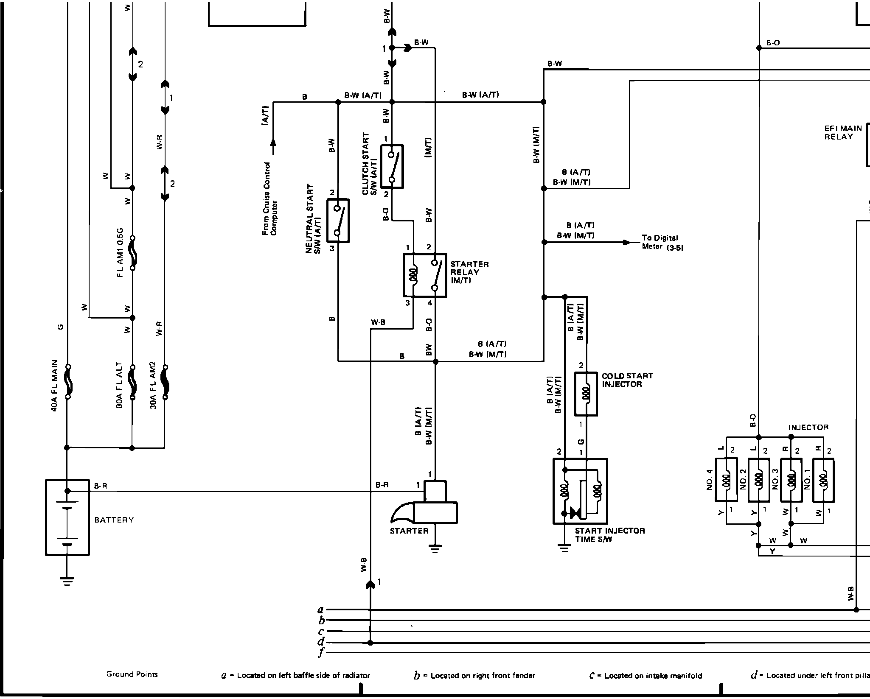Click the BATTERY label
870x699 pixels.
[114, 520]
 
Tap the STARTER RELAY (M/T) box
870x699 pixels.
[425, 275]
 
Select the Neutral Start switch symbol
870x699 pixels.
[338, 221]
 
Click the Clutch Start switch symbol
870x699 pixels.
[392, 166]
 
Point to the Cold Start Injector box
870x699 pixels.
[586, 394]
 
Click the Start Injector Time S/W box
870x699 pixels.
[580, 491]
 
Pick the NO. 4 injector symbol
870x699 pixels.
[726, 479]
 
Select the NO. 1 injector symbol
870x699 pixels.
[823, 479]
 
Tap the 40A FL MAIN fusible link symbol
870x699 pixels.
[67, 382]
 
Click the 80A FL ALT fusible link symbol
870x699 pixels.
[132, 382]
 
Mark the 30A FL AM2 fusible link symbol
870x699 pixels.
[165, 382]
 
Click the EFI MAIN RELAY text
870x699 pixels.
[843, 132]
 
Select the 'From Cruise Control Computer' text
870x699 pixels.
[269, 199]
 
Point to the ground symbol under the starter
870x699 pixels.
[435, 548]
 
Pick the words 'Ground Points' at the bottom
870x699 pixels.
[132, 674]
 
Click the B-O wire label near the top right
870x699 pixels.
[773, 43]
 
